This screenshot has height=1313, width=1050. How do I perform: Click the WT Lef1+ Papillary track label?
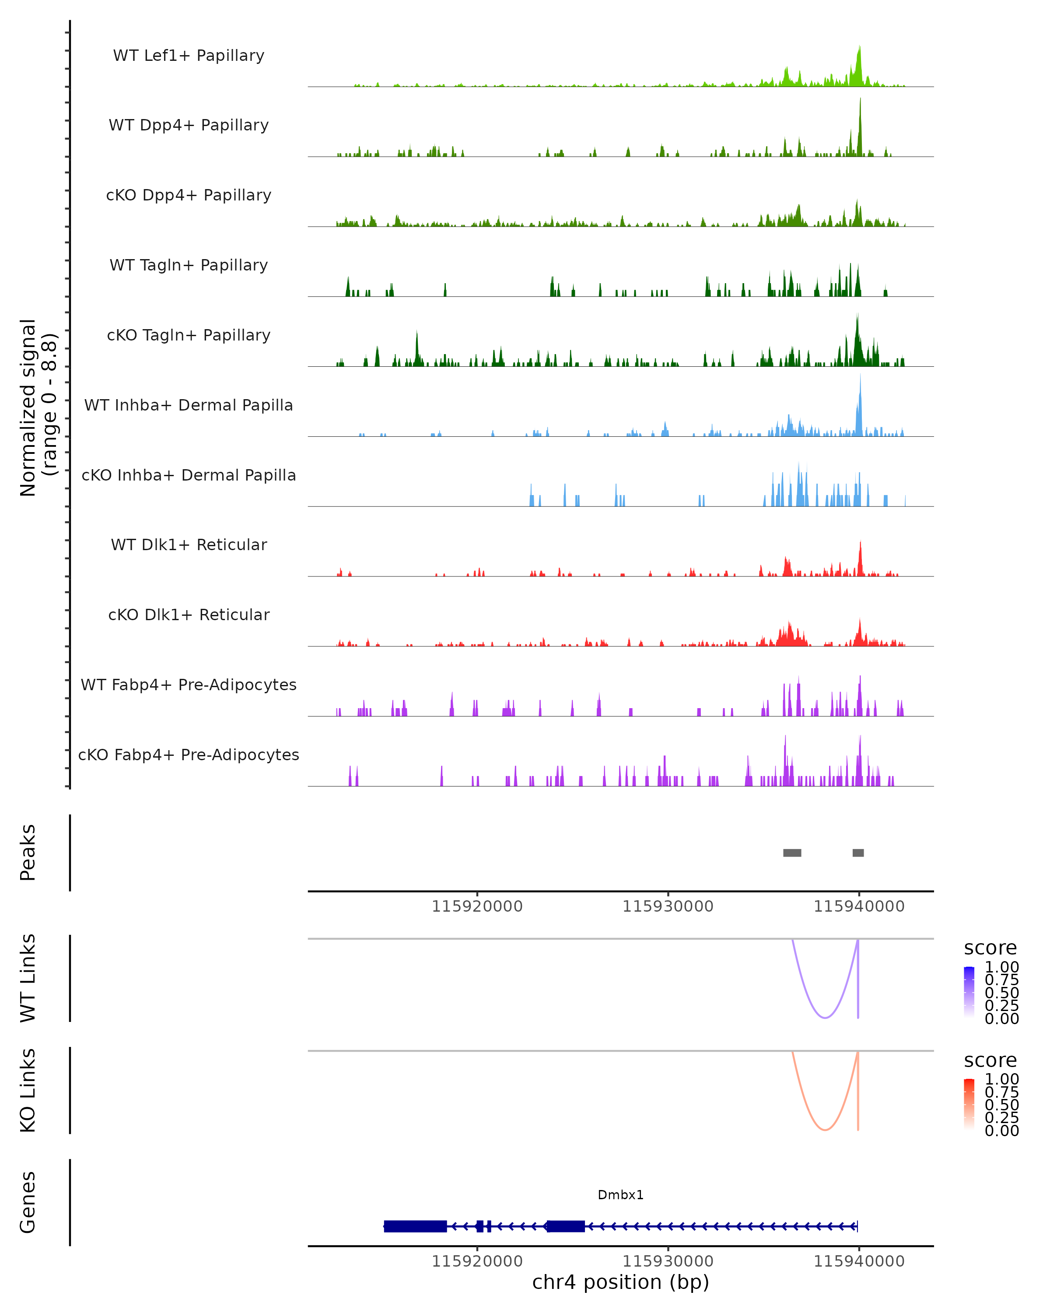(189, 56)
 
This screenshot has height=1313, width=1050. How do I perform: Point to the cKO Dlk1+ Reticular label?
(189, 614)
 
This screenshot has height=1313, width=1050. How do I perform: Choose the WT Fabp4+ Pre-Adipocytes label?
(189, 685)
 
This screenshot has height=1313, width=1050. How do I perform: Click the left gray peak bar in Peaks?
(792, 853)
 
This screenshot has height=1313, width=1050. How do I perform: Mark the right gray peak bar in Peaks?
(858, 853)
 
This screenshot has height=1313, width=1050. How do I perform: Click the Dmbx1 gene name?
(620, 1195)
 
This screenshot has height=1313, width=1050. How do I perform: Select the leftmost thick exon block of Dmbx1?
(416, 1226)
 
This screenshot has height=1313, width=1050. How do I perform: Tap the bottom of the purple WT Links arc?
(825, 1018)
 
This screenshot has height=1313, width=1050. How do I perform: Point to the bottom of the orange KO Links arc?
(825, 1130)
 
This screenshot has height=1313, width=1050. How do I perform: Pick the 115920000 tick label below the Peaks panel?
(477, 906)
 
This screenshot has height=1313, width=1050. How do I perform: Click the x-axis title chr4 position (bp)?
(620, 1282)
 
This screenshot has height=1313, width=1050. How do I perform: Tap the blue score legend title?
(990, 948)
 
